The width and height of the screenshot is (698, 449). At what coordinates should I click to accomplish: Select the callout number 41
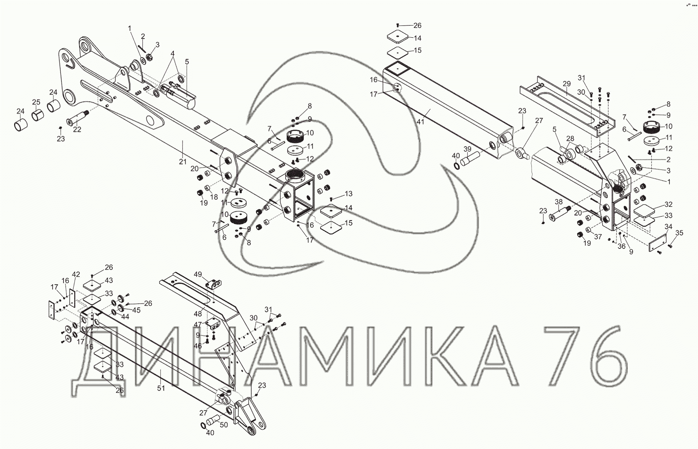click(420, 122)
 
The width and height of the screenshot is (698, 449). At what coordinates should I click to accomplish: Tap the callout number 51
click(161, 388)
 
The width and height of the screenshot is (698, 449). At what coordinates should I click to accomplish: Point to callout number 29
click(566, 84)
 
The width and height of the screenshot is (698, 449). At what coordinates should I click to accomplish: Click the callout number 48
click(198, 314)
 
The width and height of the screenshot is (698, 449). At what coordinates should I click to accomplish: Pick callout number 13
click(348, 194)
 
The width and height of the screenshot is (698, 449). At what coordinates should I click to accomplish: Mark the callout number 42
click(76, 275)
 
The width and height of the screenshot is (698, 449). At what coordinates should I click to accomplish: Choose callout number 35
click(679, 233)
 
